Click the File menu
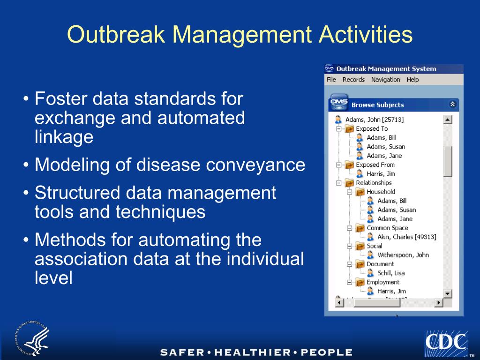pyautogui.click(x=331, y=80)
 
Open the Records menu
pyautogui.click(x=353, y=80)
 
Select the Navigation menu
pyautogui.click(x=385, y=80)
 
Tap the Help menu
pyautogui.click(x=412, y=80)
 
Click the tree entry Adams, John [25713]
pyautogui.click(x=374, y=120)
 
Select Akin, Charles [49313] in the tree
pyautogui.click(x=406, y=237)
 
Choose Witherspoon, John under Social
pyautogui.click(x=403, y=255)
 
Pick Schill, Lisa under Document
pyautogui.click(x=391, y=273)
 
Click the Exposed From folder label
pyautogui.click(x=375, y=165)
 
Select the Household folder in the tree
pyautogui.click(x=381, y=192)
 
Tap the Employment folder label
pyautogui.click(x=383, y=282)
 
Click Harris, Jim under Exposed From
pyautogui.click(x=381, y=174)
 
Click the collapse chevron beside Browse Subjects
pyautogui.click(x=452, y=105)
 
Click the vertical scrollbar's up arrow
pyautogui.click(x=448, y=120)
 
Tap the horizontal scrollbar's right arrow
pyautogui.click(x=439, y=303)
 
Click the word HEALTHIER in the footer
pyautogui.click(x=254, y=352)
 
